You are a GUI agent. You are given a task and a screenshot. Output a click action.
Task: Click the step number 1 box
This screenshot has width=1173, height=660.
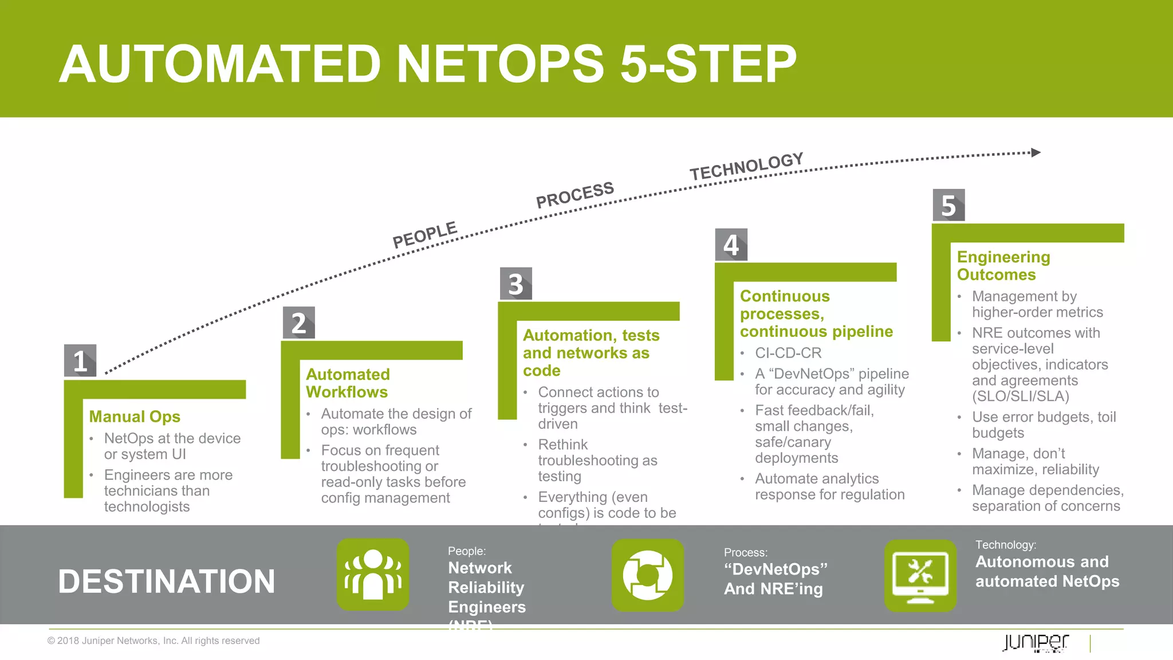[x=80, y=360]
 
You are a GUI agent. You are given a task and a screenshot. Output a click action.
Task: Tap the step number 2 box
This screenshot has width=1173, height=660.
[x=298, y=323]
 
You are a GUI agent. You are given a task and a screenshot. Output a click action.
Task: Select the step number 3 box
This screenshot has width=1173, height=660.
[x=515, y=284]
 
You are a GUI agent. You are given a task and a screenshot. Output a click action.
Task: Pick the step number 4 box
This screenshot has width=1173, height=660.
[x=731, y=245]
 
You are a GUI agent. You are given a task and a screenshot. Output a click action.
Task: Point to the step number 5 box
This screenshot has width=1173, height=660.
[x=948, y=205]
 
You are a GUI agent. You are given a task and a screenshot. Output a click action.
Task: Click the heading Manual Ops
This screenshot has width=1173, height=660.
[x=135, y=417]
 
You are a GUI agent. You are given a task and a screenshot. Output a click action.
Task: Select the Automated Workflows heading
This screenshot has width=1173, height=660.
[x=348, y=383]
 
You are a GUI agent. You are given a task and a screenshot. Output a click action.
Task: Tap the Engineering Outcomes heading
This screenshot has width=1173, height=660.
[x=1003, y=265]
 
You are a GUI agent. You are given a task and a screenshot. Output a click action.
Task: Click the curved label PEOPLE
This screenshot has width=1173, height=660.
[x=424, y=234]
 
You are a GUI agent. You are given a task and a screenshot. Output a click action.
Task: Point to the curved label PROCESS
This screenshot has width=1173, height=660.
[x=574, y=195]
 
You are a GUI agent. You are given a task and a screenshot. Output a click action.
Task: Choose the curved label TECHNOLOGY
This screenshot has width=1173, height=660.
[x=746, y=166]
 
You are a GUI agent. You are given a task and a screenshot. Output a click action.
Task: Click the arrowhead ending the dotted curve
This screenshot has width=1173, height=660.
[x=1036, y=152]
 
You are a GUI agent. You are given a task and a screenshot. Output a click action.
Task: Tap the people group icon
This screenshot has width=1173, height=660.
[x=373, y=575]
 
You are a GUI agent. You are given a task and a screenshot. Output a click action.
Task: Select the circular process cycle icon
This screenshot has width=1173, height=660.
[x=648, y=575]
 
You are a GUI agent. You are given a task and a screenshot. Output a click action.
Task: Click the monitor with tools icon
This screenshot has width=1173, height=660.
[x=920, y=575]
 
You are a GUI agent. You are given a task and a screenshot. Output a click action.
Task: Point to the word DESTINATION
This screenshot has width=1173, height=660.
[x=167, y=581]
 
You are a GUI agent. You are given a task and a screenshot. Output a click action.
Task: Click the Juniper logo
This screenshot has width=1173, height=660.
[x=1036, y=642]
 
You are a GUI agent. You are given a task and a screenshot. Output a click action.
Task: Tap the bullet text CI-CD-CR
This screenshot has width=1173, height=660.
[x=788, y=353]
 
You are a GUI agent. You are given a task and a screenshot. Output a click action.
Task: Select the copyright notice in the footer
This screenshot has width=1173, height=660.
[x=153, y=641]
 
